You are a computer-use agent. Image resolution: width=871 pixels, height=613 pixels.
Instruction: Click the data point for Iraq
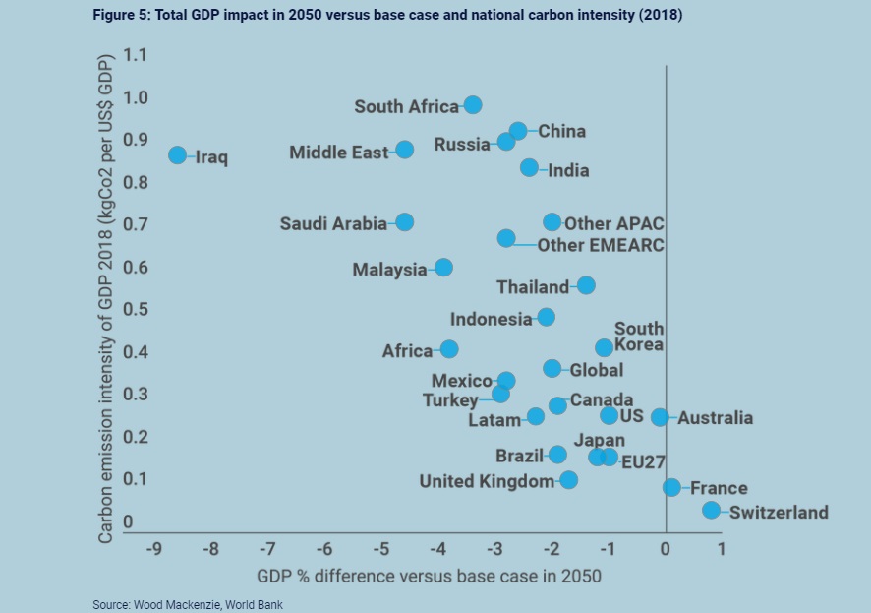[x=177, y=155]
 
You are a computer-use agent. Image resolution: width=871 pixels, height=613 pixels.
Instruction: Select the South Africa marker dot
[x=472, y=105]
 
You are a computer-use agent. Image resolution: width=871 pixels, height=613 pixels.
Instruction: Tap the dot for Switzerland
[x=711, y=511]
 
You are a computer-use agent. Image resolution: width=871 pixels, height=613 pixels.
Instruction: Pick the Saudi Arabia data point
[x=404, y=222]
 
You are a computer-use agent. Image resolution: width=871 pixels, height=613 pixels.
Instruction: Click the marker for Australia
[x=660, y=417]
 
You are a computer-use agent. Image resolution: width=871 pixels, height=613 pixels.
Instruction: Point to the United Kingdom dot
[x=568, y=480]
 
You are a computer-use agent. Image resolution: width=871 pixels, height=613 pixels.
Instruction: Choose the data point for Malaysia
[x=443, y=268]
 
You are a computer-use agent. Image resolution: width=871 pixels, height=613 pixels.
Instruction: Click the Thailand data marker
[x=586, y=285]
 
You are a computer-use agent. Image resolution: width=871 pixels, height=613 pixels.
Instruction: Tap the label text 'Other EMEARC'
[x=600, y=245]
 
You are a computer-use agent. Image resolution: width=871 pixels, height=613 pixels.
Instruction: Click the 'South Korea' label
[x=639, y=337]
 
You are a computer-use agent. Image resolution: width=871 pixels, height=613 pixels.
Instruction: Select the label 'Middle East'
[x=338, y=153]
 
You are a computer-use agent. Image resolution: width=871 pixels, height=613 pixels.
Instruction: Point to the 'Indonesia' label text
[x=491, y=319]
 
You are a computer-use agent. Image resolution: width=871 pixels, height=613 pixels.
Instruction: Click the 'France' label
[x=719, y=488]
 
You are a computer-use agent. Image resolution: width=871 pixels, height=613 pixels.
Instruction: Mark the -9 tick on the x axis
[x=153, y=548]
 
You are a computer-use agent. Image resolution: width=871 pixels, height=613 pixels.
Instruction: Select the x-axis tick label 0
[x=666, y=548]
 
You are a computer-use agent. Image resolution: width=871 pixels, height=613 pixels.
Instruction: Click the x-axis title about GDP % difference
[x=429, y=574]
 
